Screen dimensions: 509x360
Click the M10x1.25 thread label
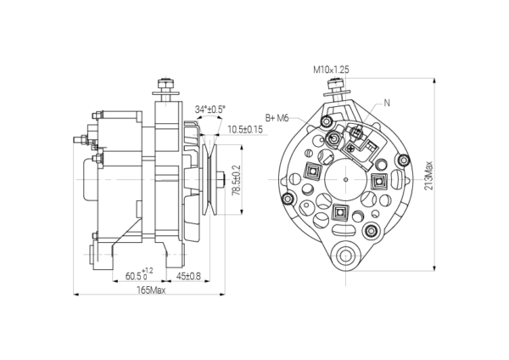coord(331,70)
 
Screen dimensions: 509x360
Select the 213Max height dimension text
coord(428,176)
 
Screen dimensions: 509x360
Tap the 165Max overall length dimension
coord(151,290)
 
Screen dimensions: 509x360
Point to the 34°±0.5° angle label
coord(210,110)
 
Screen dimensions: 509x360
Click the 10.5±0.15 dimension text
coord(245,129)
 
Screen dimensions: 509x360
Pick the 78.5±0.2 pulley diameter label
coord(237,180)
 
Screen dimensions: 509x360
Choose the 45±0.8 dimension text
coord(188,276)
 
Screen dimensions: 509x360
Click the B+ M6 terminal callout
coord(277,118)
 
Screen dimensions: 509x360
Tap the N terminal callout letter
coord(387,103)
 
